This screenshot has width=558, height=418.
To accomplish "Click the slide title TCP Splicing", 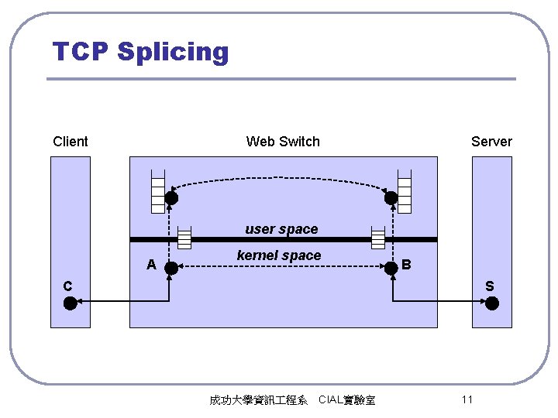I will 141,52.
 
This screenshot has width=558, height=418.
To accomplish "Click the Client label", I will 71,141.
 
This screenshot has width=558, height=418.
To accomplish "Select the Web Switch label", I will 283,141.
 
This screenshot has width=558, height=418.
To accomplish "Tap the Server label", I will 491,141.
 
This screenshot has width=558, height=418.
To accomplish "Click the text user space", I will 281,229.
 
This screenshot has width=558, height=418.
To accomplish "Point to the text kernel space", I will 278,255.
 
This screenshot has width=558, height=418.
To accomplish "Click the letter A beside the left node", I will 152,265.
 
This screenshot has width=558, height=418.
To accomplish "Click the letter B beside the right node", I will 406,265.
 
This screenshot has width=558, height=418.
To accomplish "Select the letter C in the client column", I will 67,286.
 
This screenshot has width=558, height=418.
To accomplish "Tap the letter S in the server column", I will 489,286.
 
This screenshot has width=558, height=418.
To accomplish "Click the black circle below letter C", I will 71,303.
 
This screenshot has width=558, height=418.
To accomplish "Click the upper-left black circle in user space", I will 171,198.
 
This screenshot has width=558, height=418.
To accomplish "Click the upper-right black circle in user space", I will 391,198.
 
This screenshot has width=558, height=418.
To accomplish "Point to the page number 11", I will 467,399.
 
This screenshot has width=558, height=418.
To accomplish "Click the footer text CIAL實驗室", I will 346,400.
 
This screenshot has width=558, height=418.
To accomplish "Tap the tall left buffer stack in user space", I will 158,190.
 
